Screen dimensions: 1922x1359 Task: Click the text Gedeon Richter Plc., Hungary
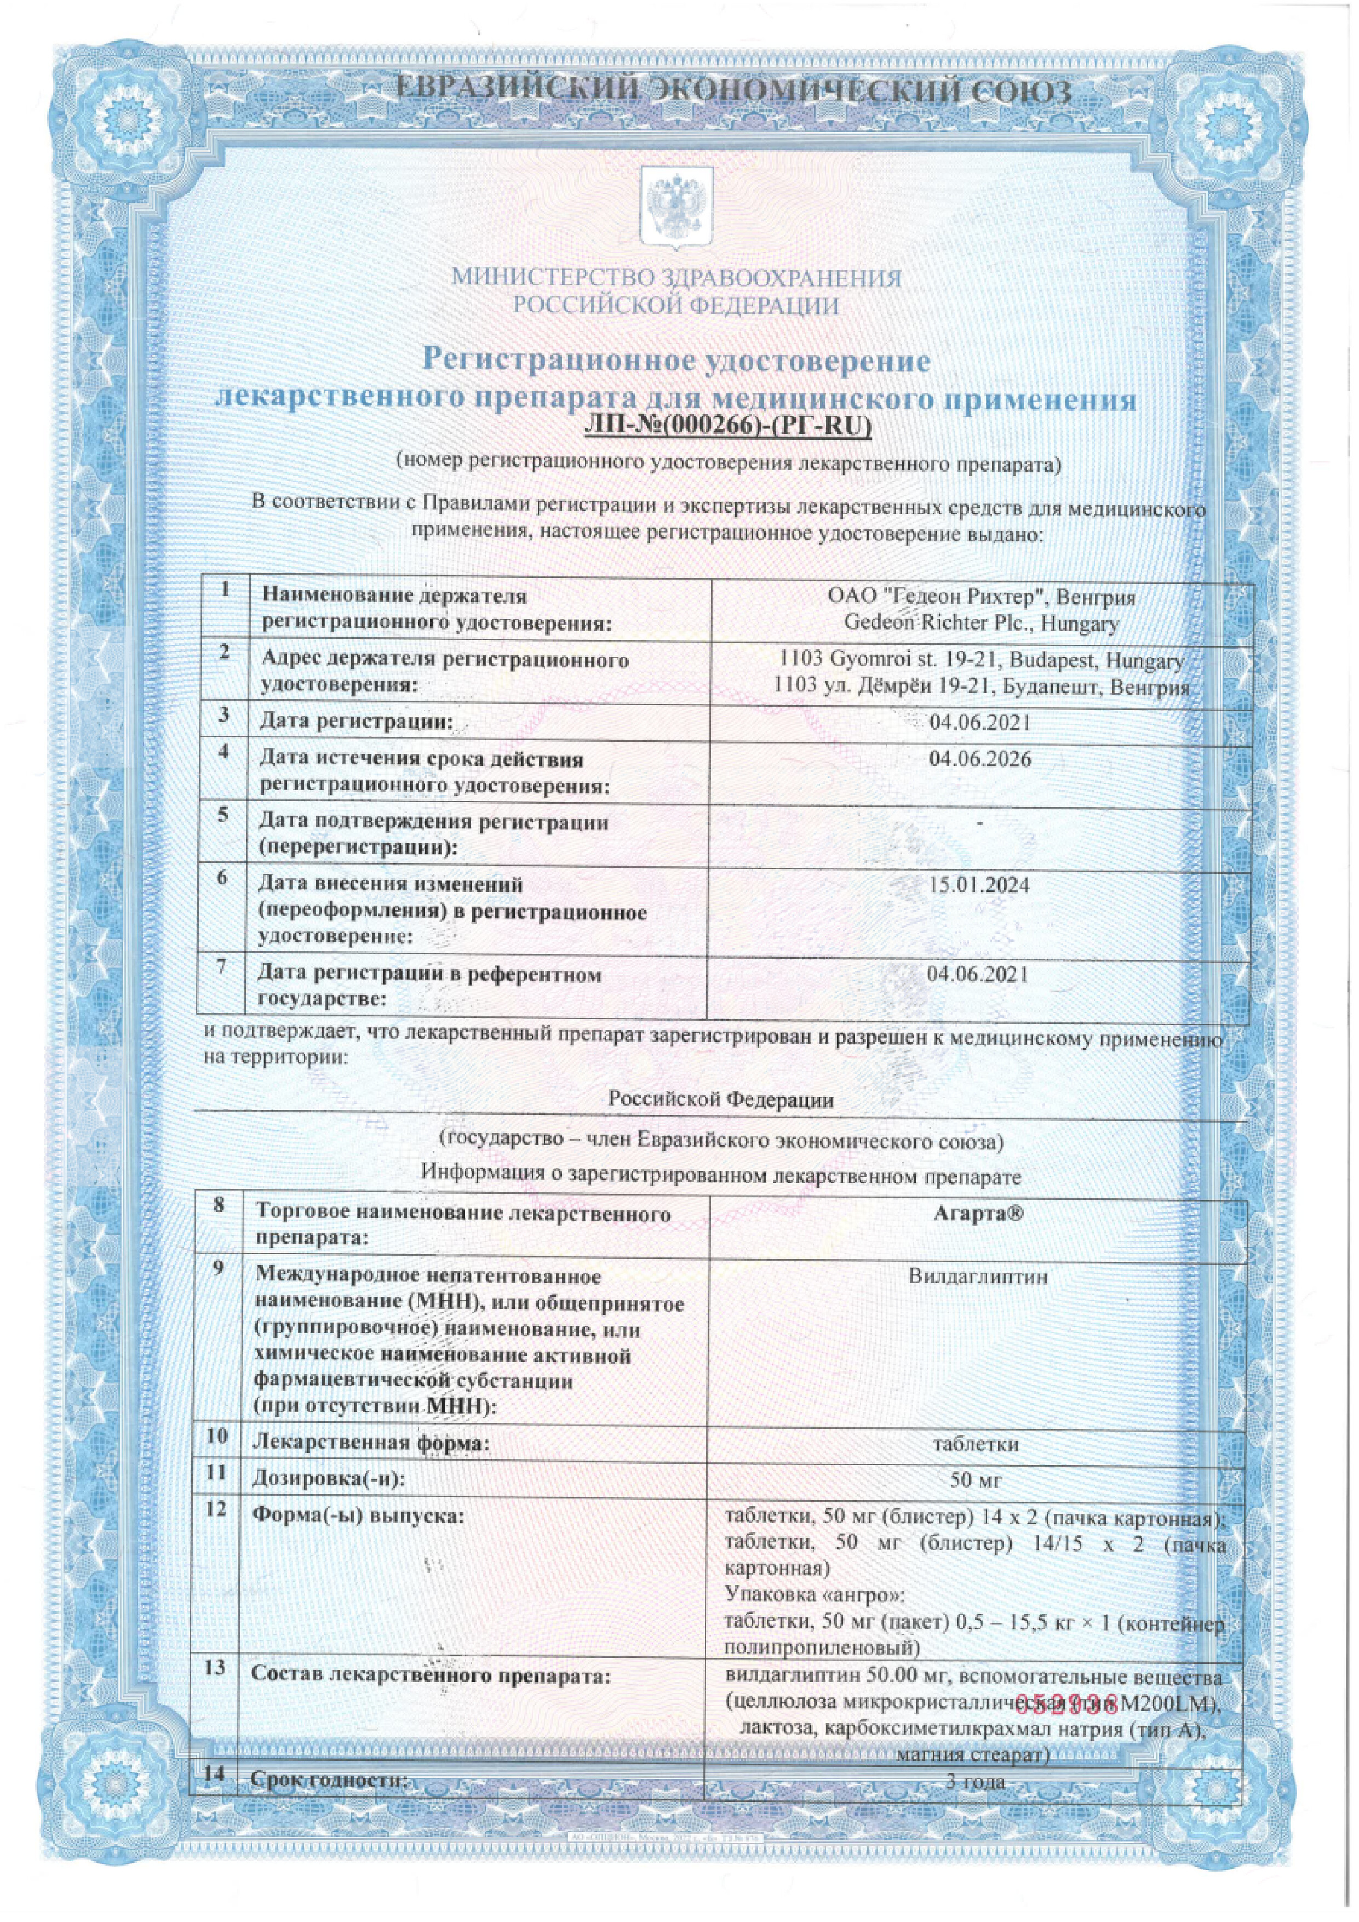[980, 623]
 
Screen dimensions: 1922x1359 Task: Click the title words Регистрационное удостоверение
[676, 361]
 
